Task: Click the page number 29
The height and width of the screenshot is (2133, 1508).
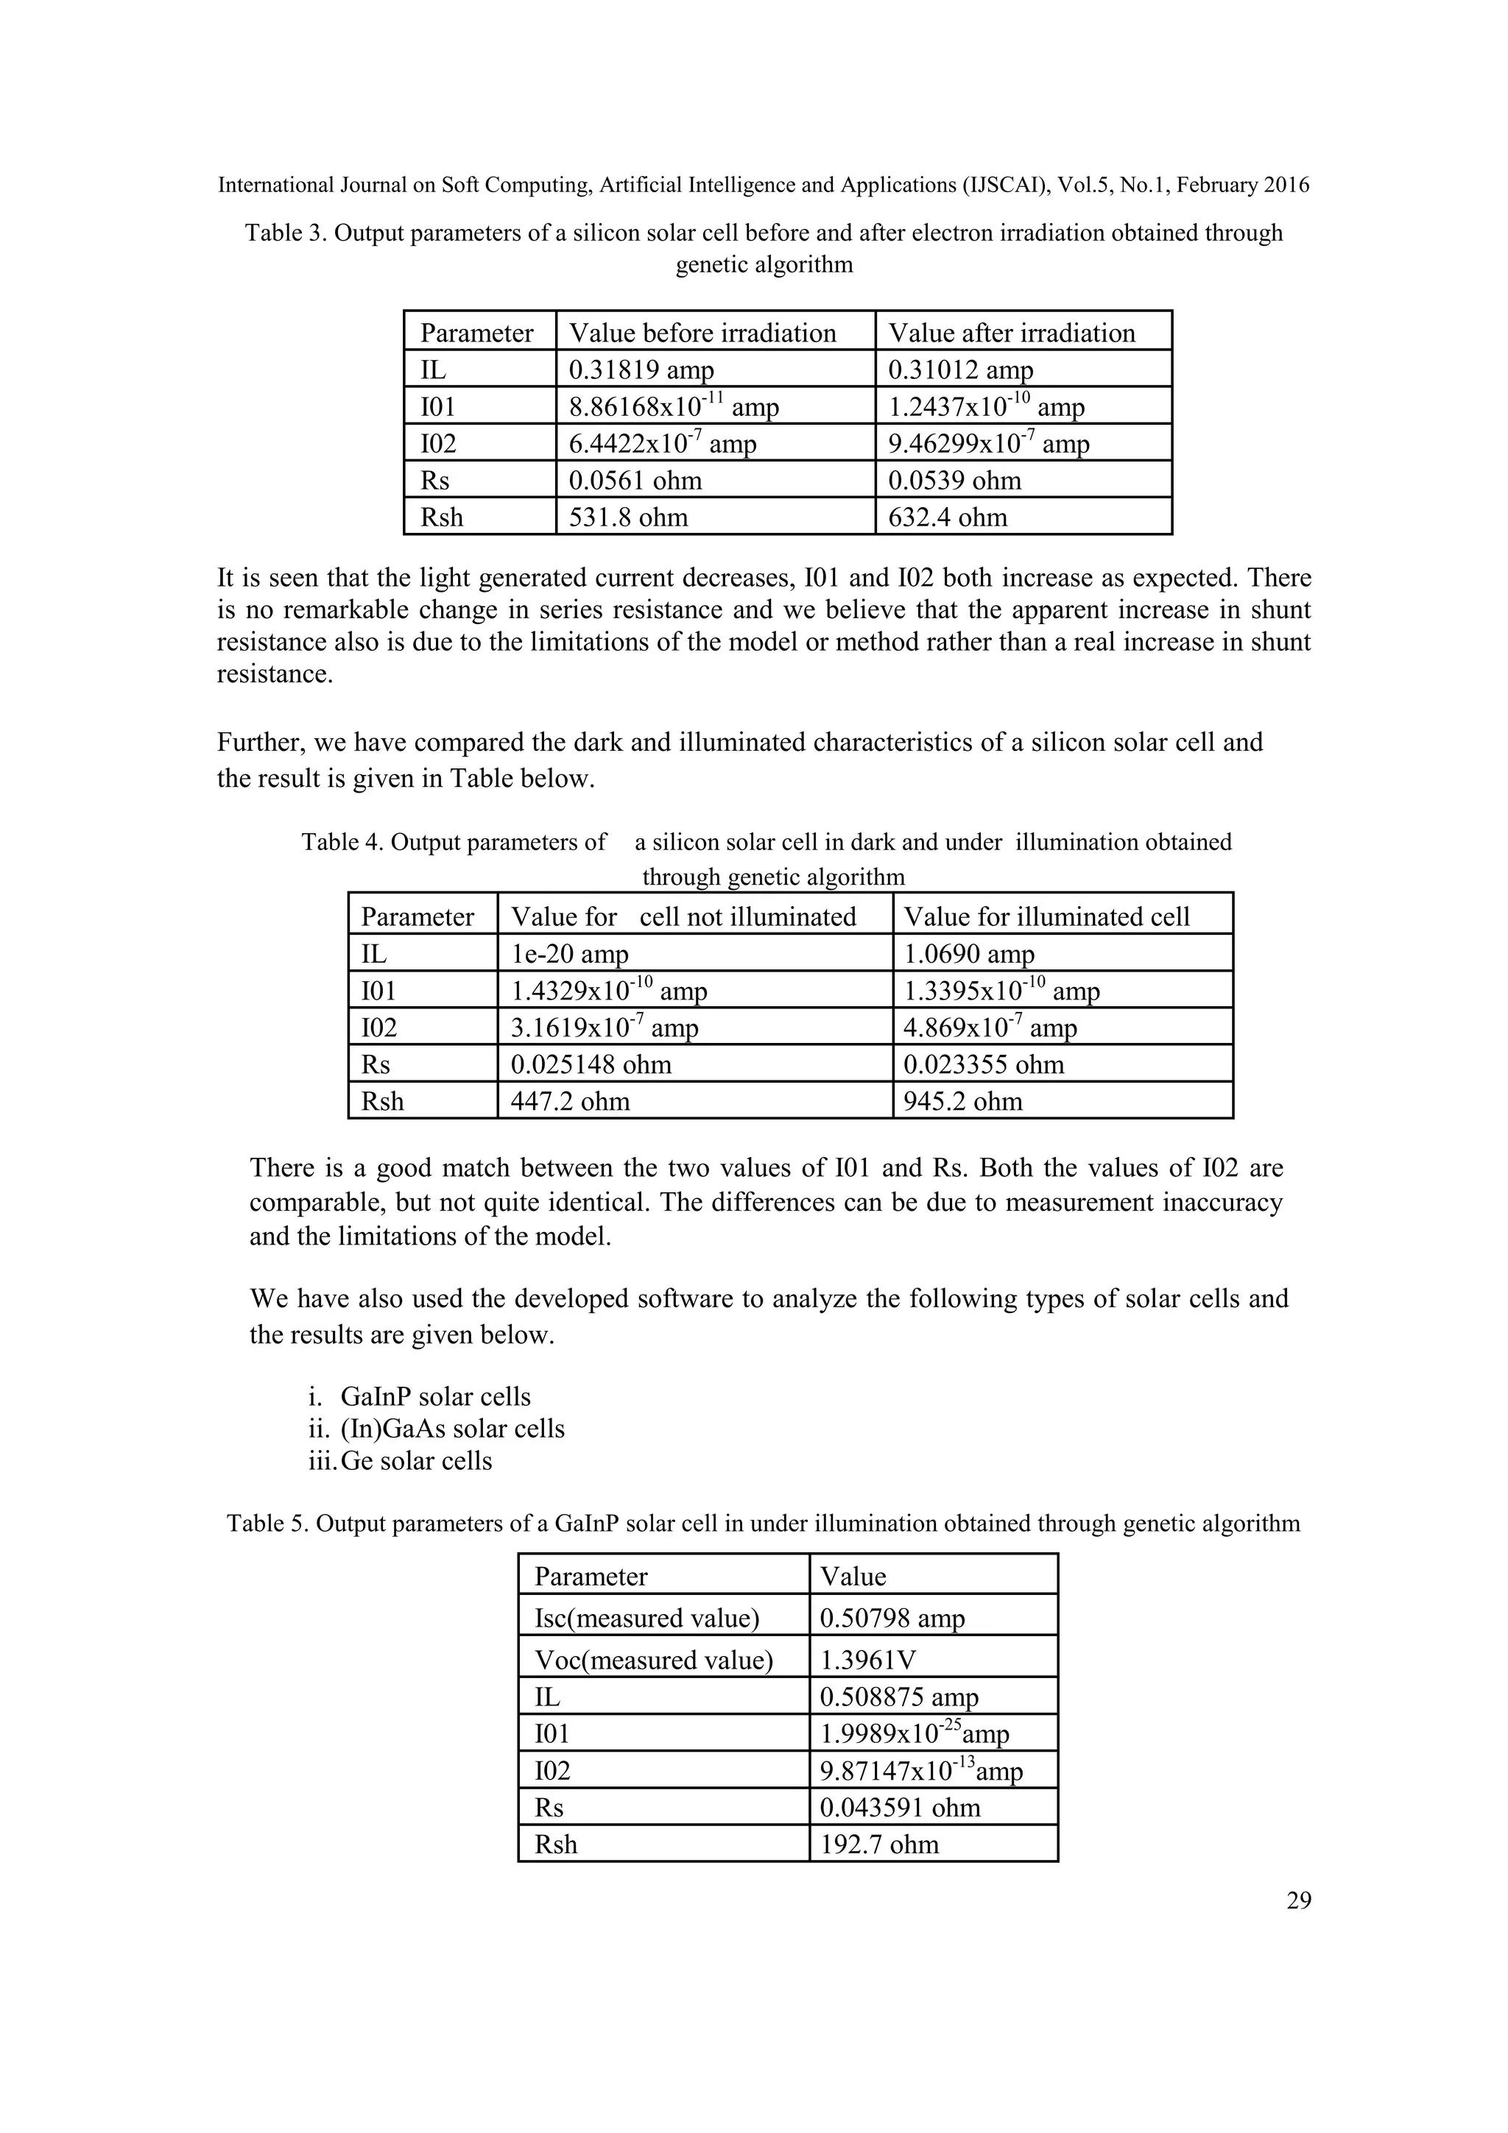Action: pos(1298,1900)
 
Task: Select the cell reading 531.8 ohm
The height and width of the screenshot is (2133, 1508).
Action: pos(628,517)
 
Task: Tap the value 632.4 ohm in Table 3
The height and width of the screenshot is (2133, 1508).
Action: pos(948,517)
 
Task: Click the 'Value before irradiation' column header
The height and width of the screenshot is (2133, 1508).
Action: pos(702,333)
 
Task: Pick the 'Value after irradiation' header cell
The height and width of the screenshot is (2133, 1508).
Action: pos(1012,333)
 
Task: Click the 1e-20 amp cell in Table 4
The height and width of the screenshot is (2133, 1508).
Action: pos(570,954)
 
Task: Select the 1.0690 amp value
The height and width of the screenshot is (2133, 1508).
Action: pos(969,954)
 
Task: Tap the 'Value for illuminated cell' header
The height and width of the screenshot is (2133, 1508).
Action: pos(1046,917)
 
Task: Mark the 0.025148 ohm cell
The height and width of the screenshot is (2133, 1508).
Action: pos(591,1064)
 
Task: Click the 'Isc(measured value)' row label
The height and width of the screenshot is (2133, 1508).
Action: pos(646,1619)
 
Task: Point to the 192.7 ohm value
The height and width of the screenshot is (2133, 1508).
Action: pos(879,1844)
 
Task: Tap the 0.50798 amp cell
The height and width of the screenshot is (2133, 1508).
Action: pos(892,1619)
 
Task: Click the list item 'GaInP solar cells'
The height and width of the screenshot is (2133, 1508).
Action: pos(436,1397)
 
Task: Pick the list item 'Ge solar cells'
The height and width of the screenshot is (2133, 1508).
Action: pos(416,1461)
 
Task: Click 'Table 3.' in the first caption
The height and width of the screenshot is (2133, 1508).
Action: pos(286,233)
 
